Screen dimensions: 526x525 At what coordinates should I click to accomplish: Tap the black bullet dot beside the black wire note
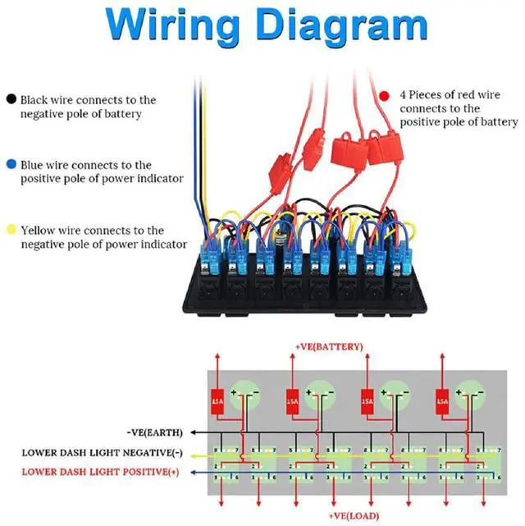click(x=11, y=99)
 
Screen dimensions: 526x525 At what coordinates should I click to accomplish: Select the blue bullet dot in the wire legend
click(x=11, y=165)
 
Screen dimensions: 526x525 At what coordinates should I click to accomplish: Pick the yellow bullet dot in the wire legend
click(x=11, y=231)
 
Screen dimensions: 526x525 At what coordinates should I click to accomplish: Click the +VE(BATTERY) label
click(x=328, y=347)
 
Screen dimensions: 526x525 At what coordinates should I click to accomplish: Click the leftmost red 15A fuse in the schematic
click(x=217, y=403)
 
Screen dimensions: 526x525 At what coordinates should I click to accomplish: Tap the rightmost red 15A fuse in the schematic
click(x=442, y=403)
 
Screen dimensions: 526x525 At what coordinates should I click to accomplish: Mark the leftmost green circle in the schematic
click(x=244, y=395)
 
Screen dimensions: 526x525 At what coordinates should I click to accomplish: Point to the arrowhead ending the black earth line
click(x=190, y=432)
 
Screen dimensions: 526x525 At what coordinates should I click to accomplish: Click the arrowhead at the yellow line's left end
click(x=190, y=452)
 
